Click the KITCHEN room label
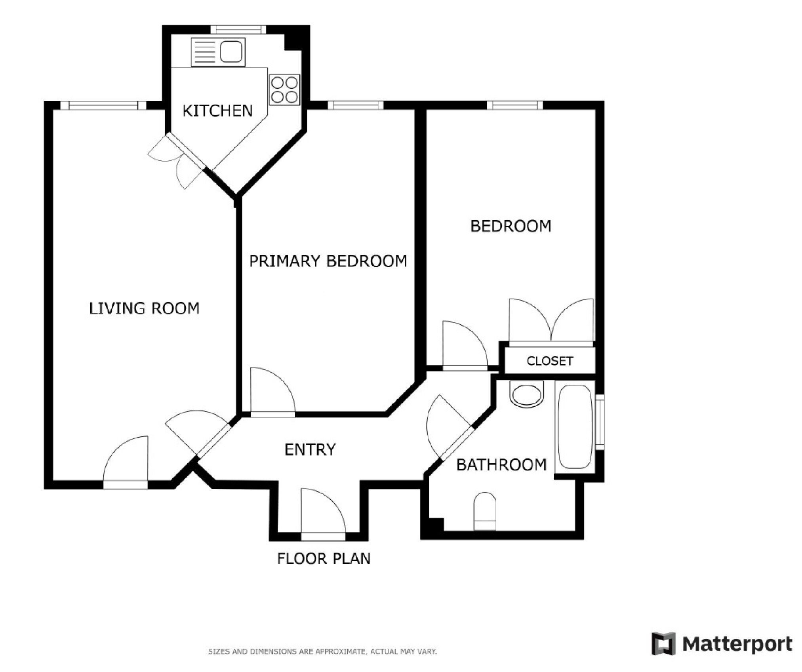coord(217,110)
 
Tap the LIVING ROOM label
coord(144,308)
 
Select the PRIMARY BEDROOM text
coord(328,261)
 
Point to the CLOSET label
coord(550,361)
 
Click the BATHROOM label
coord(501,464)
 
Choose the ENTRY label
coord(310,449)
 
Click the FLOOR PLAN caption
coord(324,559)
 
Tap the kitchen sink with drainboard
coord(218,52)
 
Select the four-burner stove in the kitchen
coord(284,90)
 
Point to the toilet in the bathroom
coord(527,394)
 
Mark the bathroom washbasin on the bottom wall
coord(485,511)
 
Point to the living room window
coord(103,105)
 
